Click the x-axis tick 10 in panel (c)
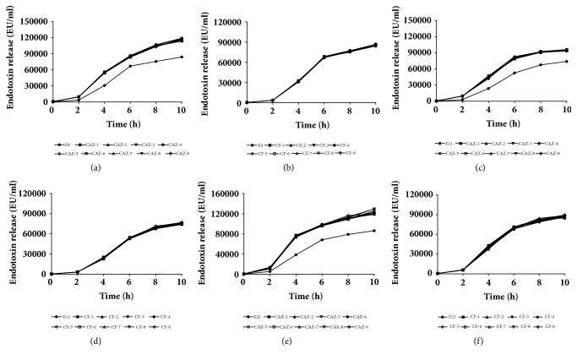(565, 109)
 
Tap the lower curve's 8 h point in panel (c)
(541, 65)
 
